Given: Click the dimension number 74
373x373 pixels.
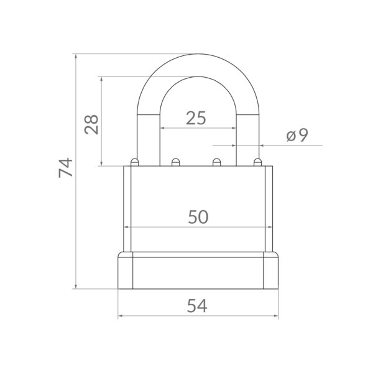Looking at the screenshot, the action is click(x=66, y=168).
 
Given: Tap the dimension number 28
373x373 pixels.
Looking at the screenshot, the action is click(x=91, y=124).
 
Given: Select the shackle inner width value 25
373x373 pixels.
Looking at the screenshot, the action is click(x=196, y=118).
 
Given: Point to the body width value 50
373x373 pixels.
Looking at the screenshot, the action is click(x=198, y=217).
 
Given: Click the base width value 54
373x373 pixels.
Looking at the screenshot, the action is click(x=197, y=306).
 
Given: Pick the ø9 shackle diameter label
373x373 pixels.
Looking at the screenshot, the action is click(x=297, y=135).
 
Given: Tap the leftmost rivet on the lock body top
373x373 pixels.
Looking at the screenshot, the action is click(x=135, y=162).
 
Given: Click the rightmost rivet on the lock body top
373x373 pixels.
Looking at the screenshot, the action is click(x=257, y=162).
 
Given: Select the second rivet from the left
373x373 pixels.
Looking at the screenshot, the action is click(x=175, y=162).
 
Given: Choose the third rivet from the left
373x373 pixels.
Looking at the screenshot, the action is click(x=216, y=162).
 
